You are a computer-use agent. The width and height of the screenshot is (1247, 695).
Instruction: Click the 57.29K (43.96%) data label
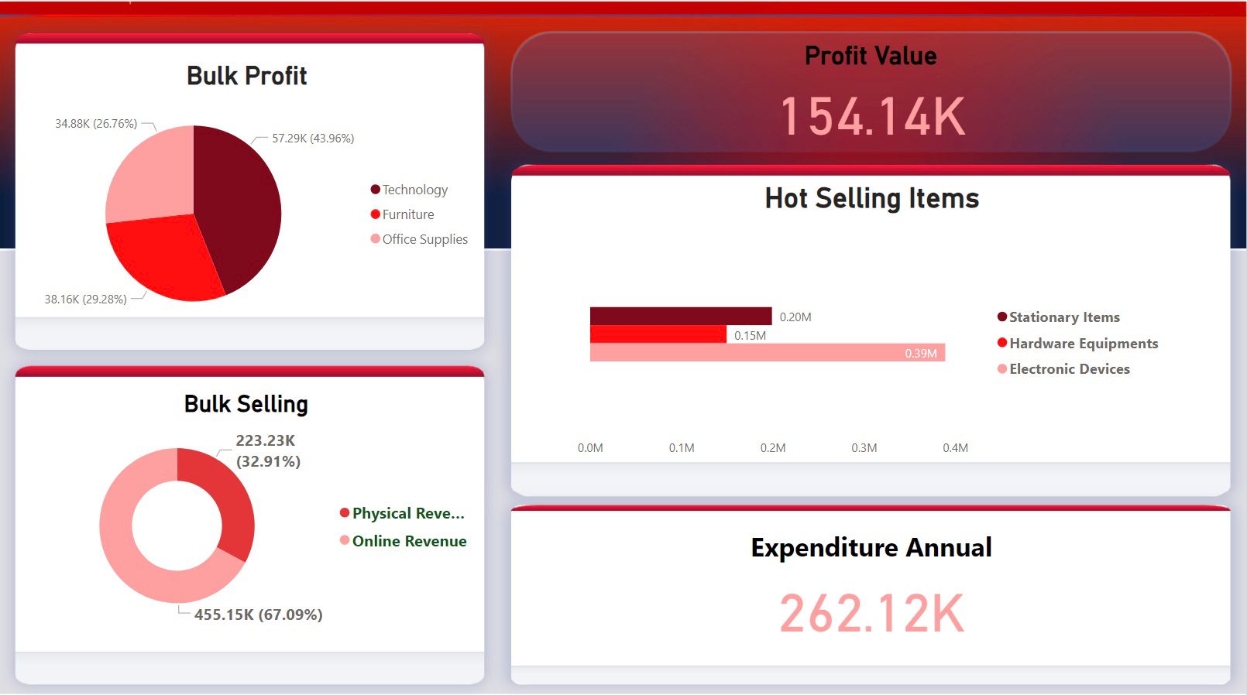click(x=313, y=139)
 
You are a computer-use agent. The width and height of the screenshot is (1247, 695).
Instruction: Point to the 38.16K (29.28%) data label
click(x=85, y=300)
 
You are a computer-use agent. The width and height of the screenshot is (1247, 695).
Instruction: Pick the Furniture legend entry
click(x=407, y=214)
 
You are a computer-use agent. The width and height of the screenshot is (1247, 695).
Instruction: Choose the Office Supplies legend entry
click(x=424, y=239)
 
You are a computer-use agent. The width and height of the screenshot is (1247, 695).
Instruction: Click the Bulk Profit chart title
click(x=246, y=76)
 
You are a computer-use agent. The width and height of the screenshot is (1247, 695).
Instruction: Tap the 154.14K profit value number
click(x=872, y=117)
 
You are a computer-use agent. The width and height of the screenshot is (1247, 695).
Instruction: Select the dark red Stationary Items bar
click(x=680, y=316)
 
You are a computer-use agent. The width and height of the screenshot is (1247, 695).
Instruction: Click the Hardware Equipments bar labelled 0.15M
click(x=658, y=334)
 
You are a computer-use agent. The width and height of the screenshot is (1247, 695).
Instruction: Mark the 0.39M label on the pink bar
click(x=920, y=354)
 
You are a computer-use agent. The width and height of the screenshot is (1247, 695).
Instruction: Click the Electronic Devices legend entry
click(x=1069, y=369)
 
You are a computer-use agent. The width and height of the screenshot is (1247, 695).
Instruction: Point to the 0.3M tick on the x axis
click(x=864, y=448)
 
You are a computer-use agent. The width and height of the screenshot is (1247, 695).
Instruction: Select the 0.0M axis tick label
click(x=590, y=448)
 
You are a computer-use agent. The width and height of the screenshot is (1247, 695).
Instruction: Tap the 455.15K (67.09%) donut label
click(x=258, y=615)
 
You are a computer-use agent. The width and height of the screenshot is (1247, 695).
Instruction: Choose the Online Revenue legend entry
click(x=409, y=541)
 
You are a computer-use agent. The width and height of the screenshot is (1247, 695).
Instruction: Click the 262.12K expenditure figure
click(x=871, y=614)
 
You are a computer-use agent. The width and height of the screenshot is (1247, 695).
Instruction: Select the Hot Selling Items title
click(x=871, y=199)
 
